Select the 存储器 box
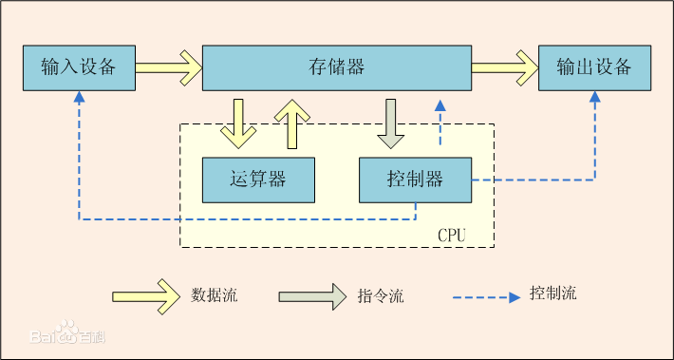(x=337, y=67)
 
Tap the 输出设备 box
(x=594, y=67)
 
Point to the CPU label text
(x=451, y=234)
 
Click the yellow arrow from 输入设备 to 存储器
(x=168, y=67)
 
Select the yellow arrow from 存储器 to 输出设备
(x=505, y=67)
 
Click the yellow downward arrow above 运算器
(x=237, y=123)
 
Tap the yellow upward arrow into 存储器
(x=292, y=123)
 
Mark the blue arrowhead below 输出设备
(x=595, y=97)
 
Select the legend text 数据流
(x=215, y=295)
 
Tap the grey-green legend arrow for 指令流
(x=312, y=295)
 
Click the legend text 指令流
(x=382, y=296)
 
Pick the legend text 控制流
(x=553, y=294)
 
